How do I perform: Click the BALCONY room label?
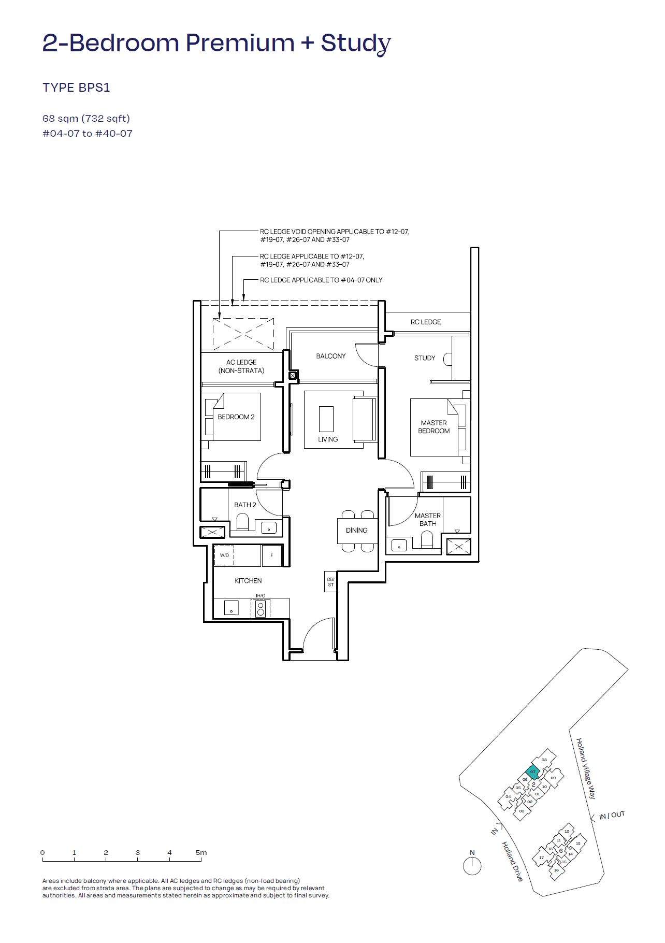[x=330, y=356]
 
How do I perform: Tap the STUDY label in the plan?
[x=425, y=358]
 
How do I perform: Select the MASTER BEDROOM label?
[x=433, y=427]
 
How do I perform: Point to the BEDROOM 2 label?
[x=236, y=417]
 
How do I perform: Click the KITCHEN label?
[x=248, y=581]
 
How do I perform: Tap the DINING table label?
[x=356, y=531]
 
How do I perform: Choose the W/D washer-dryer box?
[x=224, y=555]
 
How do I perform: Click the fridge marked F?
[x=271, y=555]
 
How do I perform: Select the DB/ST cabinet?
[x=330, y=582]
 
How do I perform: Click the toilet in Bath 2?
[x=242, y=521]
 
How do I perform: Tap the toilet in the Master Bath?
[x=427, y=540]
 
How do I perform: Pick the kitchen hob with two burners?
[x=261, y=608]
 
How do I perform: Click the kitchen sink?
[x=231, y=608]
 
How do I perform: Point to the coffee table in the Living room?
[x=326, y=419]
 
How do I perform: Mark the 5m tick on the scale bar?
[x=201, y=861]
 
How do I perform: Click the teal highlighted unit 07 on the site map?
[x=532, y=772]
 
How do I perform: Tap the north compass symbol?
[x=472, y=866]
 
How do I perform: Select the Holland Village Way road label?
[x=586, y=768]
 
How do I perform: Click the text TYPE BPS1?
[x=76, y=88]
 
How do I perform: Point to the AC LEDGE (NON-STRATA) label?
[x=241, y=366]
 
